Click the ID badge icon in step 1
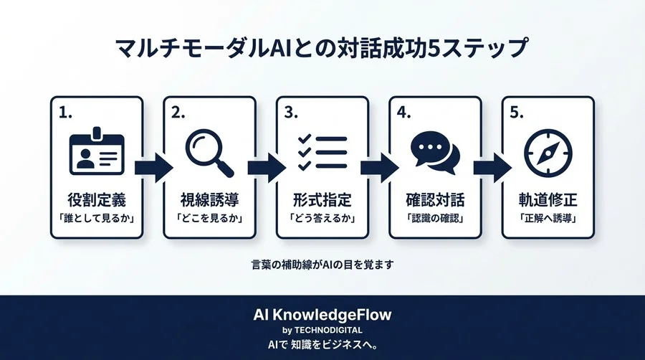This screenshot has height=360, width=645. click(97, 152)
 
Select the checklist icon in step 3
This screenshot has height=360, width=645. click(322, 151)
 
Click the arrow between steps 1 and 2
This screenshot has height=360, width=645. click(153, 168)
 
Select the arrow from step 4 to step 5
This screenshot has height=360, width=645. click(492, 168)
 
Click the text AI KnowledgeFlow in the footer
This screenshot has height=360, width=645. click(322, 315)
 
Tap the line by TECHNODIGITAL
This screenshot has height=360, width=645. click(322, 330)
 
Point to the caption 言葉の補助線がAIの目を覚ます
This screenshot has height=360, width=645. click(322, 265)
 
